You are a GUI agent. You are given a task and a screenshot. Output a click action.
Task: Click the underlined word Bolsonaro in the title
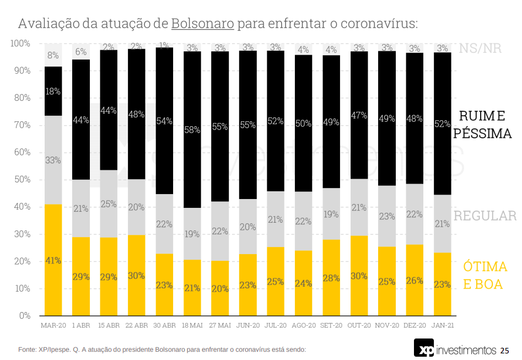tap(203, 24)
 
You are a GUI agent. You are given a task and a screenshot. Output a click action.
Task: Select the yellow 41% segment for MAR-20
tap(53, 260)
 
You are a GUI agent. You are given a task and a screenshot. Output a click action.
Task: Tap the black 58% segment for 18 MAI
tap(192, 130)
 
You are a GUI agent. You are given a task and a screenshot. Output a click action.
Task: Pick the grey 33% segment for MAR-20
tap(53, 160)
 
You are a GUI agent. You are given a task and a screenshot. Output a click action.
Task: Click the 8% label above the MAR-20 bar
tap(53, 55)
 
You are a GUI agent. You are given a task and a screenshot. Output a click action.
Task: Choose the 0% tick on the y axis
tap(25, 316)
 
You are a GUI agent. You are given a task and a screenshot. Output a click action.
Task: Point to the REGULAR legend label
tap(485, 216)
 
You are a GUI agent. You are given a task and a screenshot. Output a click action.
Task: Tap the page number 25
tap(505, 351)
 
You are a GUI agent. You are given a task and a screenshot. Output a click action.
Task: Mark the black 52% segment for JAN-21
tap(442, 124)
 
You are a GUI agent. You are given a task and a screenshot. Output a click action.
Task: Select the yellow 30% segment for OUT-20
tap(359, 276)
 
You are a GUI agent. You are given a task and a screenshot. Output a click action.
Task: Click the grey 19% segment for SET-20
tap(331, 214)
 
